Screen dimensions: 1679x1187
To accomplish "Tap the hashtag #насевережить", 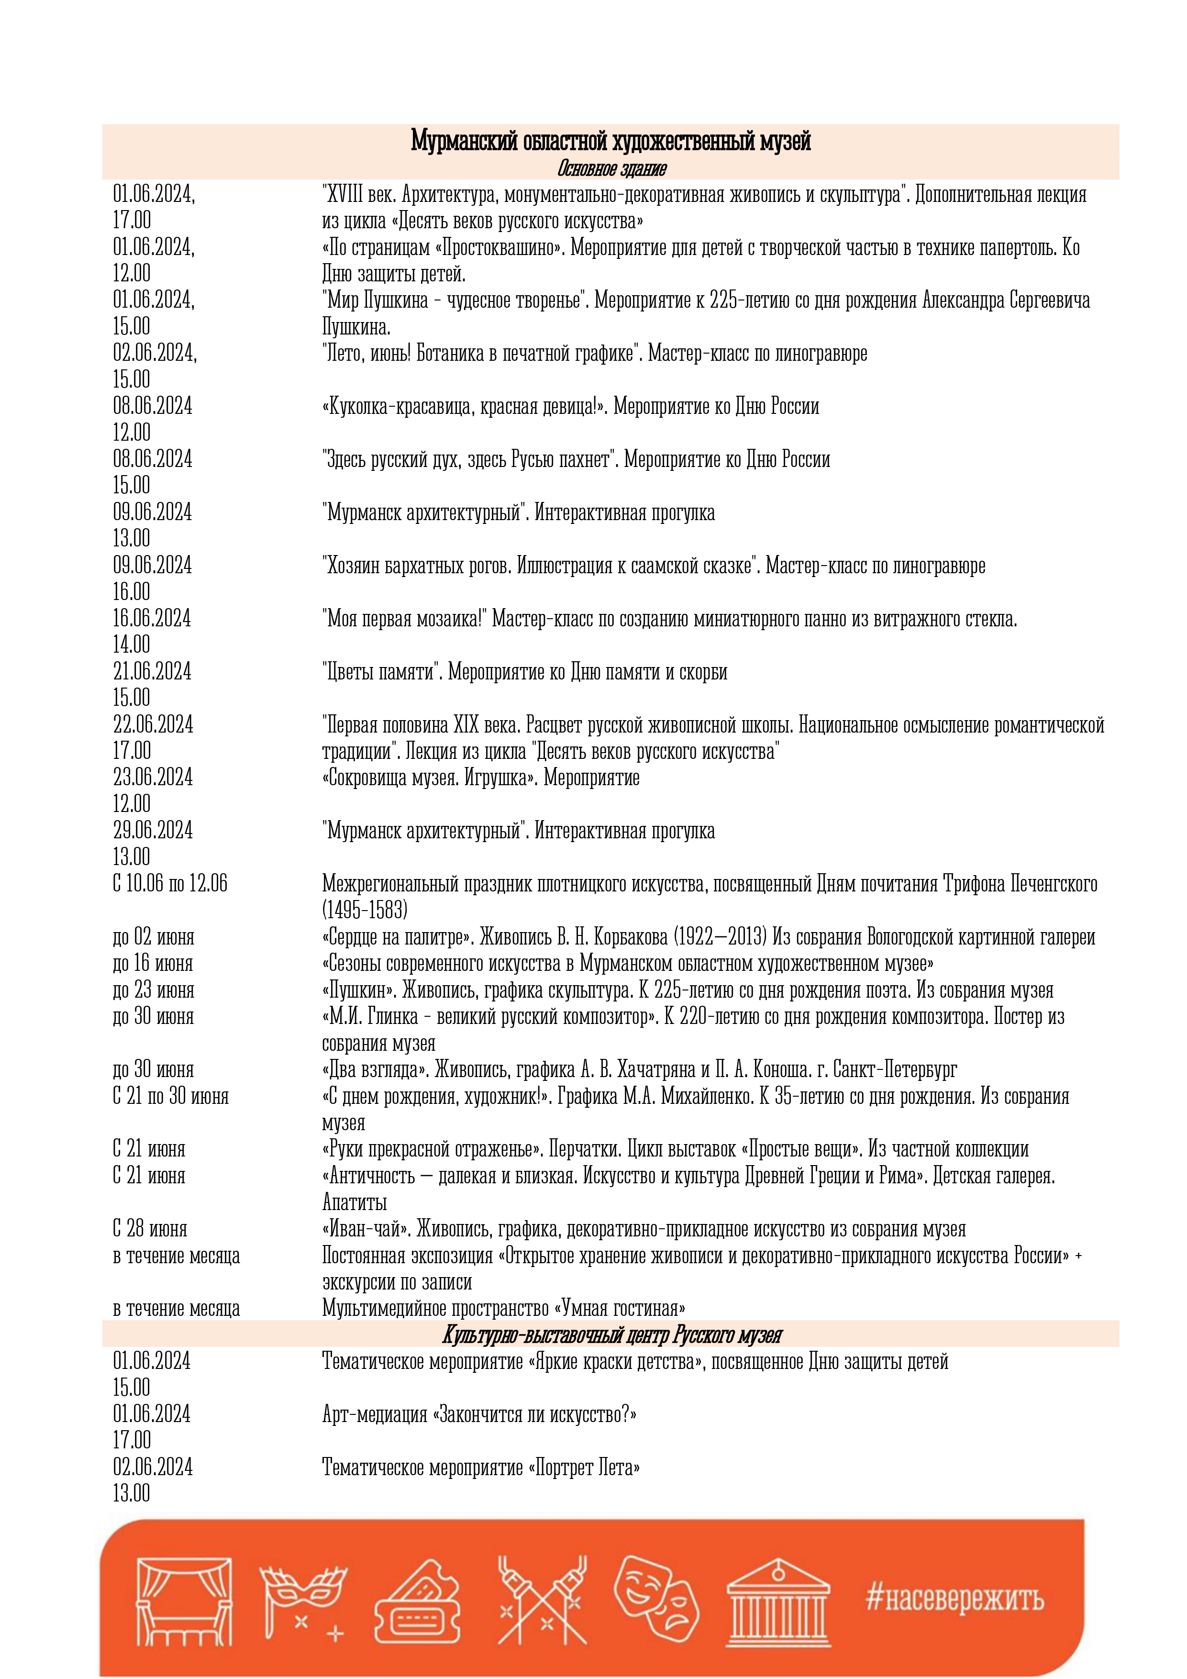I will pyautogui.click(x=955, y=1599).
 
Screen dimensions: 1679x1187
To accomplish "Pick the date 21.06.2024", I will pyautogui.click(x=152, y=671).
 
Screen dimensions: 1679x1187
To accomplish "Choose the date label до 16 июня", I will pyautogui.click(x=153, y=963).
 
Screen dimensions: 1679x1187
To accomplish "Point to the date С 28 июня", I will pyautogui.click(x=150, y=1229).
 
